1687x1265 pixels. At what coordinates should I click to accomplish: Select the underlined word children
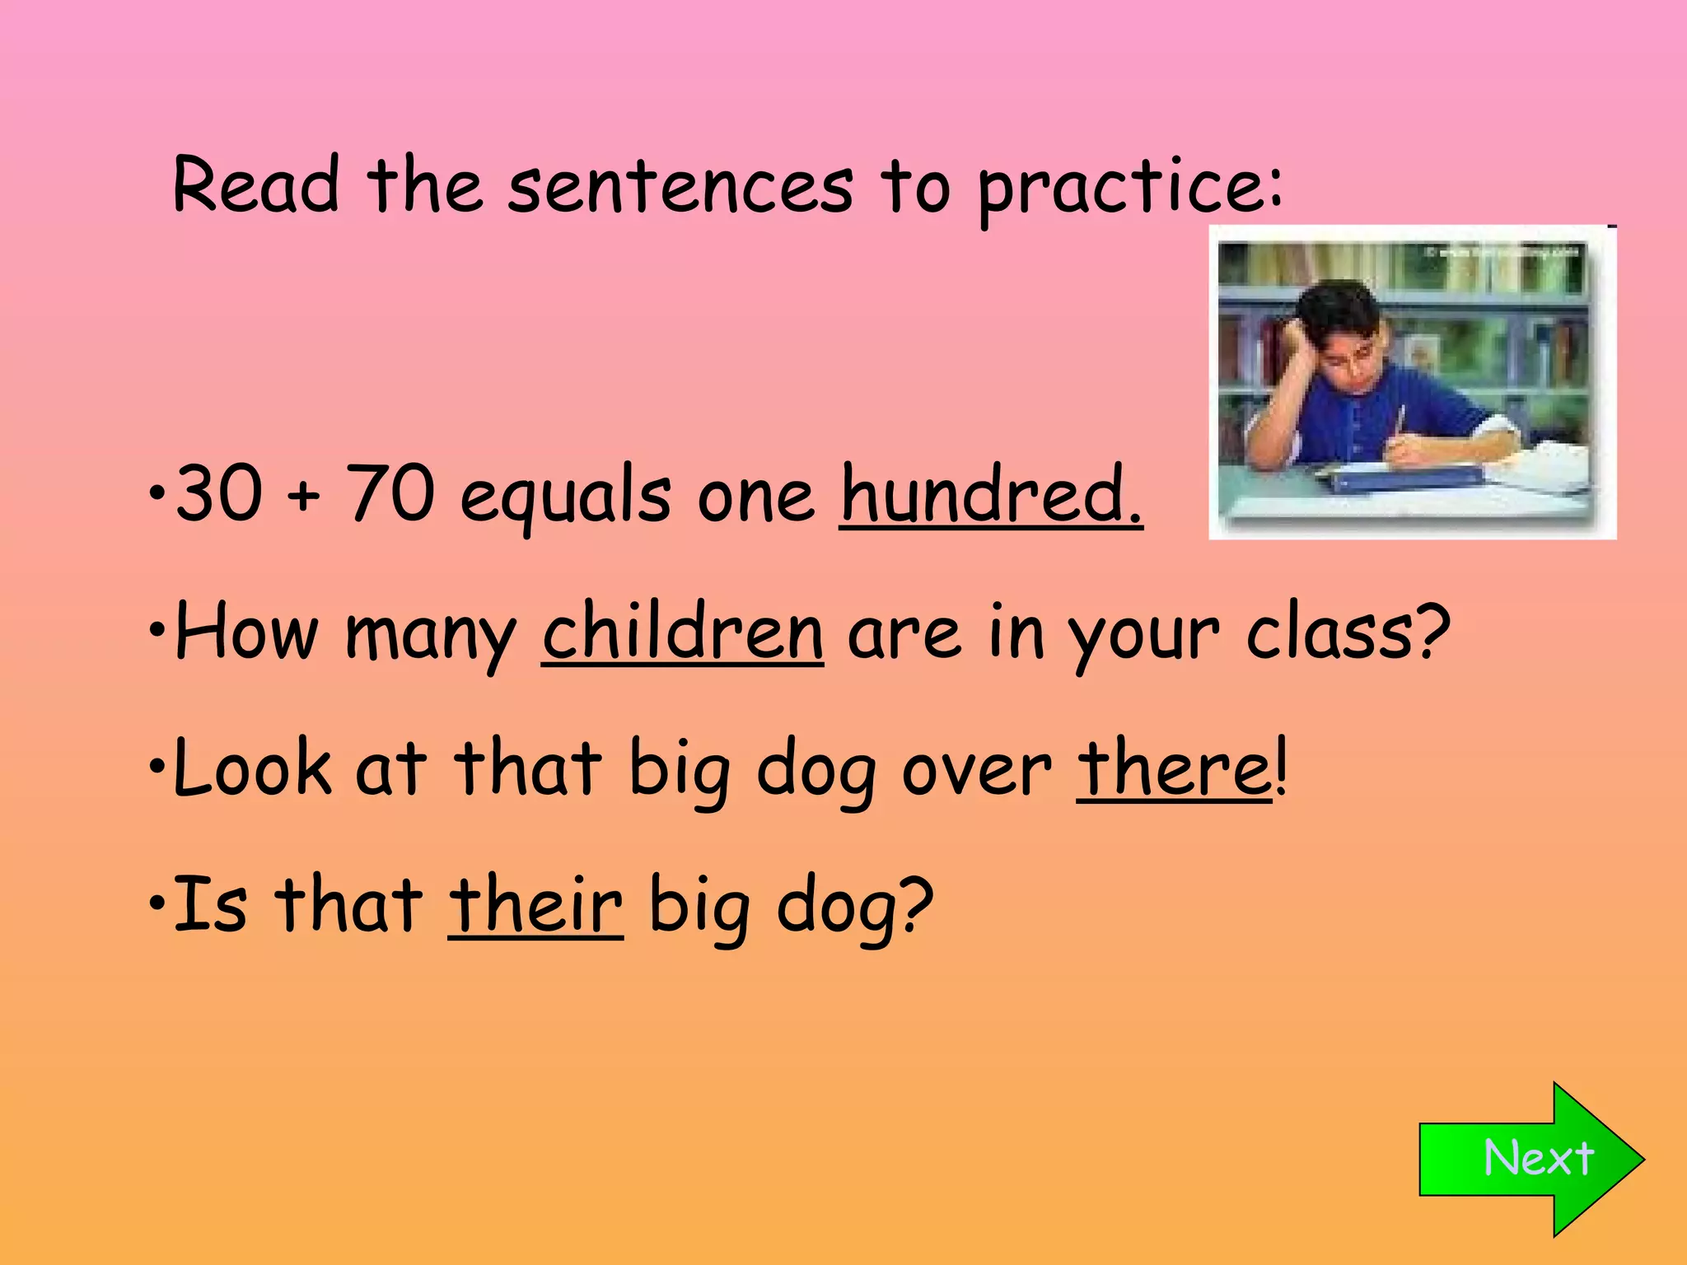click(683, 632)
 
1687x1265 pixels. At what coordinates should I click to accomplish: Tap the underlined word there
click(1175, 768)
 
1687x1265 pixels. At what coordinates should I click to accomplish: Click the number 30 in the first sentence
click(219, 493)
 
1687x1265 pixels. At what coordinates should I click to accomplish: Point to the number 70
click(390, 493)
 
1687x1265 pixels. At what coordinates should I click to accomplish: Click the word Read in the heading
click(256, 184)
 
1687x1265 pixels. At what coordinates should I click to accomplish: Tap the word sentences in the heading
click(680, 188)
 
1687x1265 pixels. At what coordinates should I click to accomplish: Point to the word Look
click(252, 768)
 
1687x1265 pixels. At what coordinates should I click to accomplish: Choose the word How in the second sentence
click(246, 632)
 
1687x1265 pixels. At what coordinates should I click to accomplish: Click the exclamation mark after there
click(1280, 768)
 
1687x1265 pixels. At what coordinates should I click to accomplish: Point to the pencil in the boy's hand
click(1399, 421)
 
